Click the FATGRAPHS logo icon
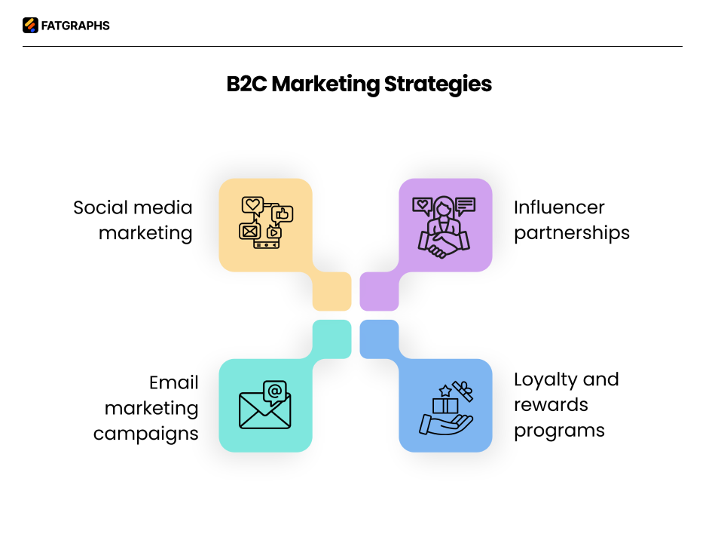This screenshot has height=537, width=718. (30, 26)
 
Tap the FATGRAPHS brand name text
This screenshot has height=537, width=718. (75, 26)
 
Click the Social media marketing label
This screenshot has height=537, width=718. (133, 220)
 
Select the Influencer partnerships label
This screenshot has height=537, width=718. (571, 220)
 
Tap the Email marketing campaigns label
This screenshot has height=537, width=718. (146, 408)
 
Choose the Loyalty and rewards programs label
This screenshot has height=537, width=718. (566, 404)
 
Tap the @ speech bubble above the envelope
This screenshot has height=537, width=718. (275, 391)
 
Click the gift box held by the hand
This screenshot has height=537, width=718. (445, 406)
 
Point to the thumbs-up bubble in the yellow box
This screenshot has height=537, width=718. (283, 214)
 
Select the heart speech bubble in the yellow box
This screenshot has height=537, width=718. (252, 205)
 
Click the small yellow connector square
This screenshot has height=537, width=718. (332, 291)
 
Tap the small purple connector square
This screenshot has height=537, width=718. (379, 291)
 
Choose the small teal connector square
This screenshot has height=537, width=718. (332, 339)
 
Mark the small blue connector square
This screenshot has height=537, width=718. (379, 339)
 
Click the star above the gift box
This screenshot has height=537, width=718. (445, 390)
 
